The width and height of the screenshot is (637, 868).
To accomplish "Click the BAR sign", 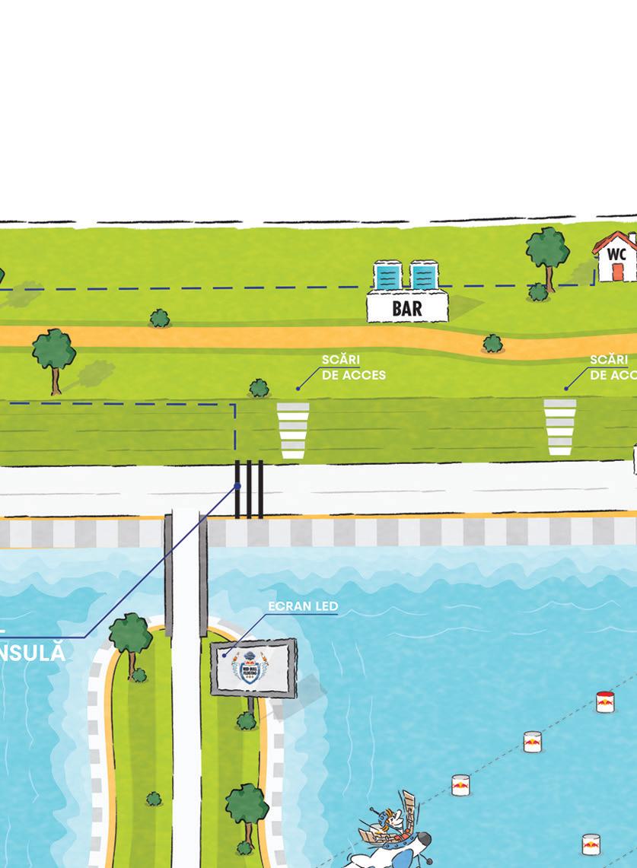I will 407,307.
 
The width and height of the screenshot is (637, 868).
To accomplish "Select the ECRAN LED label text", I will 302,606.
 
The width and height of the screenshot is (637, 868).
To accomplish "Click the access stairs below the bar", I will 293,431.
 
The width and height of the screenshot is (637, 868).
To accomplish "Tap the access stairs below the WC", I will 560,427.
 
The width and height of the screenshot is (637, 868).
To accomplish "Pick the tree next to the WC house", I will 547,249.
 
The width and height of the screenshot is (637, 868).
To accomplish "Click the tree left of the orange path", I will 53,354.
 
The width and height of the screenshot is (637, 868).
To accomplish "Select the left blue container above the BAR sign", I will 387,275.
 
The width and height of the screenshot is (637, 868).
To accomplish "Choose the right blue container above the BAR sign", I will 423,275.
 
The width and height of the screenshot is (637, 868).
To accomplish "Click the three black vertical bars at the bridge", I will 249,488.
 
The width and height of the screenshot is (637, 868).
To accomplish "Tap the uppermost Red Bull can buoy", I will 604,701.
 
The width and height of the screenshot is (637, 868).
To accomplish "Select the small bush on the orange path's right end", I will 492,344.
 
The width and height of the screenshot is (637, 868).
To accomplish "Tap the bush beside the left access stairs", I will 259,389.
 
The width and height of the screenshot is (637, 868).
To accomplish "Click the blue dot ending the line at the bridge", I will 237,486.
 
